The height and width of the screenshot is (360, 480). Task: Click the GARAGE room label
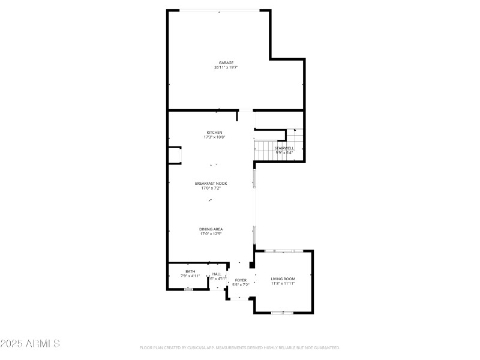[226, 62]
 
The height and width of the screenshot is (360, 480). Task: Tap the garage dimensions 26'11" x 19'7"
[226, 67]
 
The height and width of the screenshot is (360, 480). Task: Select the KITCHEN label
[214, 132]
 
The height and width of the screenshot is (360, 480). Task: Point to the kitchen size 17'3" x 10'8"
[214, 137]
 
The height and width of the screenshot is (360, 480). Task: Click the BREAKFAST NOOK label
[211, 183]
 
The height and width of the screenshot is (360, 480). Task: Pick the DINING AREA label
[211, 229]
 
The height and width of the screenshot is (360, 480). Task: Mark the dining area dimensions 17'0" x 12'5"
[211, 234]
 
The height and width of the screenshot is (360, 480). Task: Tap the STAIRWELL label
[284, 148]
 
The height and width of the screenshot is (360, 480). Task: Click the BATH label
[190, 271]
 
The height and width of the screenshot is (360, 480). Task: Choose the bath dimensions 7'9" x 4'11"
[190, 276]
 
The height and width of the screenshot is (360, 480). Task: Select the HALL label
[217, 274]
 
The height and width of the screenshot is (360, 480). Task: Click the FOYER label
[241, 280]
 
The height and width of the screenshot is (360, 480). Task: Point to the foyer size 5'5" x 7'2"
[241, 285]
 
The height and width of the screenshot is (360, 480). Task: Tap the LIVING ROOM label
[283, 278]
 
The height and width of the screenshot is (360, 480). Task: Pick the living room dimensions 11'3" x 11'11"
[283, 283]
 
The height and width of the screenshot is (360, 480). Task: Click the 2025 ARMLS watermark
[30, 344]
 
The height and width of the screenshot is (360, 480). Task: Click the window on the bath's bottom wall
[188, 289]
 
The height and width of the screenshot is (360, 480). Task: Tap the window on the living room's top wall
[279, 251]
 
